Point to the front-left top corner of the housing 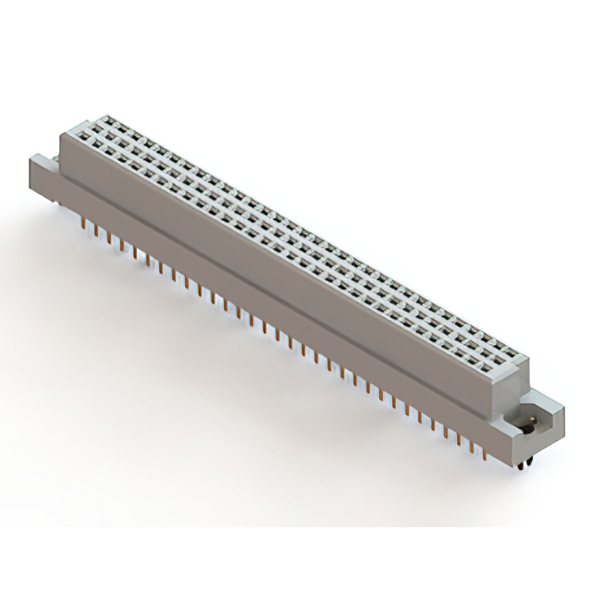click(x=62, y=136)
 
